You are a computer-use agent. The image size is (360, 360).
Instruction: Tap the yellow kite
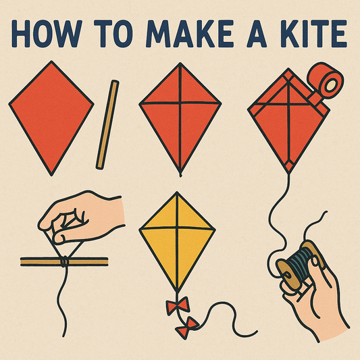pos(177,240)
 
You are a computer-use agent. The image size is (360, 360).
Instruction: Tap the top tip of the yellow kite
pos(177,192)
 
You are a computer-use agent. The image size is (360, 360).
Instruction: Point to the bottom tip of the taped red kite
pos(289,170)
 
